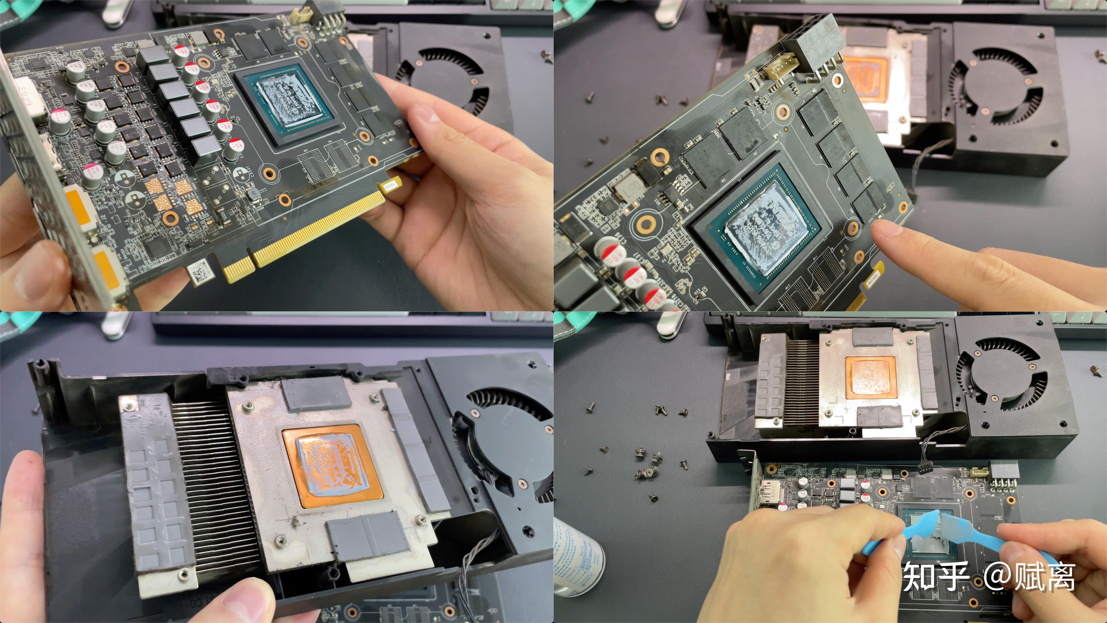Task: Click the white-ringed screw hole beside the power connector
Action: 838,80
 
